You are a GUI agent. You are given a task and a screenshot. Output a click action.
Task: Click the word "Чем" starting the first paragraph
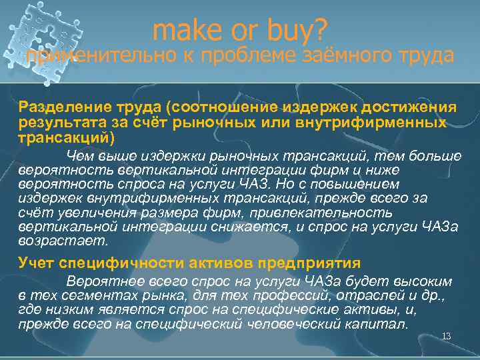(80, 156)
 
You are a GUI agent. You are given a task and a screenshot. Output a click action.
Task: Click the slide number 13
(447, 336)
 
